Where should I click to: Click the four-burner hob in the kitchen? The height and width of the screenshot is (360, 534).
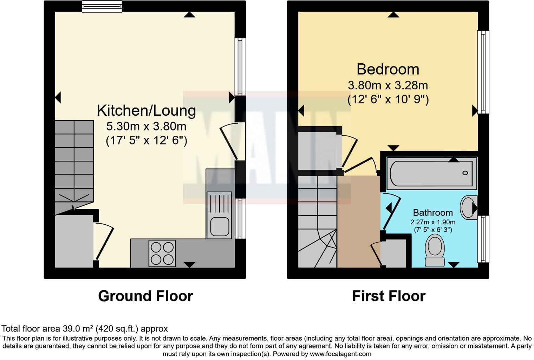coord(162,253)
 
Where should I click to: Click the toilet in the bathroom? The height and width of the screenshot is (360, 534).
coord(435,250)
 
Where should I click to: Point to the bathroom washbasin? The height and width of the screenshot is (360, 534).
coord(469,207)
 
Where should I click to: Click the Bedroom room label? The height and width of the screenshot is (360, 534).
coord(388,69)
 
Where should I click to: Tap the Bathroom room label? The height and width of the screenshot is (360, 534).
coord(432,213)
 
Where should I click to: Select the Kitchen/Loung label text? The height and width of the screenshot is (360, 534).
coord(146,110)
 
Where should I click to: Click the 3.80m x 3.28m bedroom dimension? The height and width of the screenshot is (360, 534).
coord(388,85)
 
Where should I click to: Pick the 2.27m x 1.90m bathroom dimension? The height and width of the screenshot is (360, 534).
coord(432,222)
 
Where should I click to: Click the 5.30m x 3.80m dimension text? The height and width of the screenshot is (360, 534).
coord(146,126)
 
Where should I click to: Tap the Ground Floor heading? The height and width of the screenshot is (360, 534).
coord(145,296)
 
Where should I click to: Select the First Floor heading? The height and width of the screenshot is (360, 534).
coord(389,296)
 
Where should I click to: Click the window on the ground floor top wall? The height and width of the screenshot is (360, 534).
coord(102,6)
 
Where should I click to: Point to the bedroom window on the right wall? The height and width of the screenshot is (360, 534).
coord(483,72)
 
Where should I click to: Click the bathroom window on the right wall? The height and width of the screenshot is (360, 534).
coord(483,239)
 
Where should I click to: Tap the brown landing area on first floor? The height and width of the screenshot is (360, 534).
coord(359,221)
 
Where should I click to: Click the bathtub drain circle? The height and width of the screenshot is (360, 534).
coord(465,173)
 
